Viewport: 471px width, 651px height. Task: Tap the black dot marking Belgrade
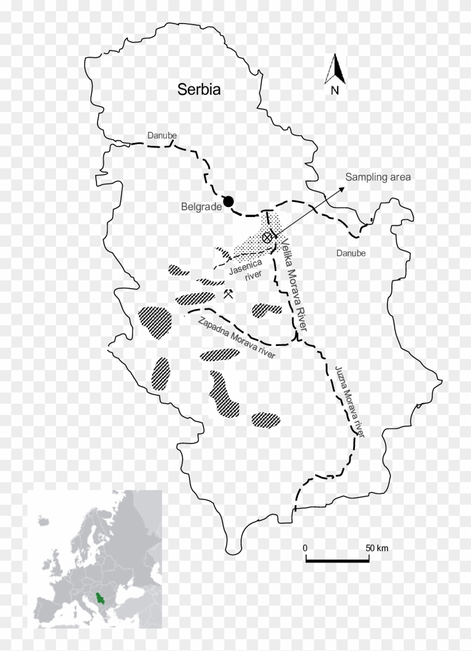[x=228, y=201]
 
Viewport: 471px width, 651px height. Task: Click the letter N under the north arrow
[x=335, y=91]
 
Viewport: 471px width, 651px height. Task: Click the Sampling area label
[x=378, y=177]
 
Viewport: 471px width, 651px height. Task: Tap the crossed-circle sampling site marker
[x=268, y=238]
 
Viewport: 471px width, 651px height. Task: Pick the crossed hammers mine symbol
[x=228, y=294]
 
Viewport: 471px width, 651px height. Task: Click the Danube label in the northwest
[x=162, y=136]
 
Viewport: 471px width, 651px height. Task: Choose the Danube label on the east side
[x=350, y=253]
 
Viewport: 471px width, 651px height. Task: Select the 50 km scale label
[x=377, y=547]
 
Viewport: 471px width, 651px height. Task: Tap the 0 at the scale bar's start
[x=305, y=547]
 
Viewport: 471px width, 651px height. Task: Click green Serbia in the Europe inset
[x=100, y=600]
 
